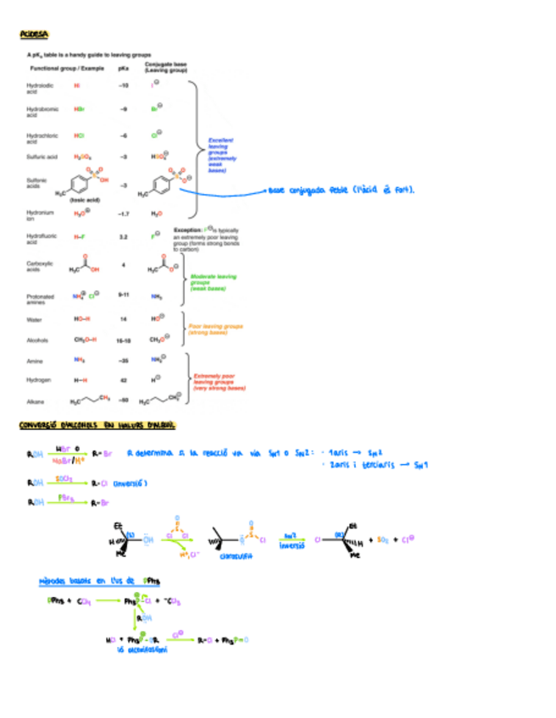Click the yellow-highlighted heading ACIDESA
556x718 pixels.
tap(34, 35)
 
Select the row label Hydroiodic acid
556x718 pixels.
tap(39, 87)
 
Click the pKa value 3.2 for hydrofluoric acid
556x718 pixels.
tap(123, 237)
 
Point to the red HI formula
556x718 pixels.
tap(77, 86)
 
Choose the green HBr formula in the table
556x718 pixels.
tap(79, 110)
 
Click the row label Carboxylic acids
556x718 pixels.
tap(40, 267)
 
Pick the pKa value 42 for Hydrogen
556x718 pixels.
tap(123, 381)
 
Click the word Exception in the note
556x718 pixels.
tap(187, 229)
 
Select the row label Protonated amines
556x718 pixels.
tap(40, 299)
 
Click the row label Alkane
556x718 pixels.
tap(35, 401)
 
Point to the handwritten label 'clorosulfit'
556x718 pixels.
tap(236, 555)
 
